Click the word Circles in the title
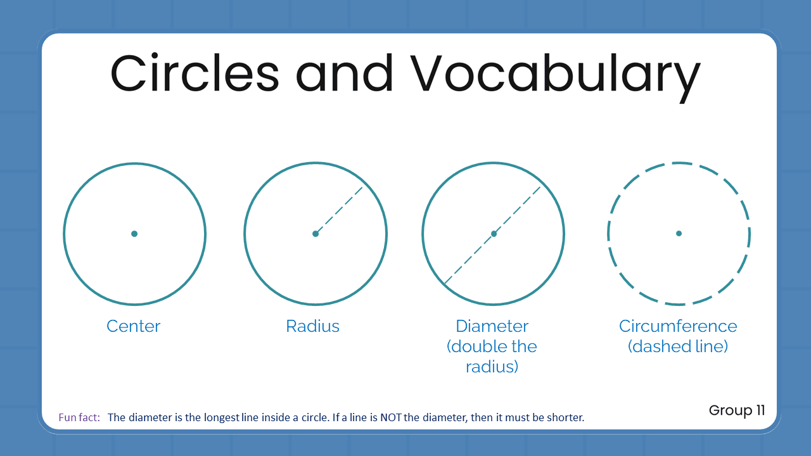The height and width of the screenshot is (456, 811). pyautogui.click(x=195, y=73)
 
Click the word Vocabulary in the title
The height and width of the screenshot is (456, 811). pyautogui.click(x=554, y=75)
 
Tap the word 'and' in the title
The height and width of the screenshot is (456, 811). pyautogui.click(x=344, y=73)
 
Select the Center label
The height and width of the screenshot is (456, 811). pyautogui.click(x=134, y=326)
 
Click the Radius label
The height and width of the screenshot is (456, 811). pyautogui.click(x=313, y=326)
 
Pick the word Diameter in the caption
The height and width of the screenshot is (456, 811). pyautogui.click(x=492, y=326)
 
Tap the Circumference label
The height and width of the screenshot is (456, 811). pyautogui.click(x=678, y=326)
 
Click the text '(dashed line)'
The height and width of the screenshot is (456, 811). pyautogui.click(x=678, y=346)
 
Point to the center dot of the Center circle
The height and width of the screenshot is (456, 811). pyautogui.click(x=134, y=234)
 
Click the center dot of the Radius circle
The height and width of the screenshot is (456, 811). pyautogui.click(x=316, y=234)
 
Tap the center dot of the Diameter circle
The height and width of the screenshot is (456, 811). pyautogui.click(x=494, y=234)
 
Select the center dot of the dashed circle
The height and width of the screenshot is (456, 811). pyautogui.click(x=679, y=234)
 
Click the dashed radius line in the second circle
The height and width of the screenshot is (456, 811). pyautogui.click(x=340, y=210)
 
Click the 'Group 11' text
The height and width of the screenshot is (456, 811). pyautogui.click(x=737, y=410)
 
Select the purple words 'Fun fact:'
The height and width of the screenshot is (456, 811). pyautogui.click(x=79, y=418)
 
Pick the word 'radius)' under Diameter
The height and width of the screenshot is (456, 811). pyautogui.click(x=492, y=367)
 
